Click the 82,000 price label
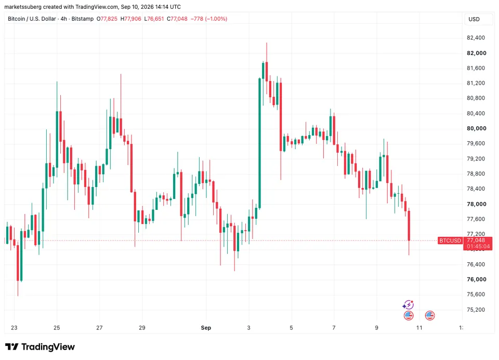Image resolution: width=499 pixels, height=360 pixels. tap(477, 53)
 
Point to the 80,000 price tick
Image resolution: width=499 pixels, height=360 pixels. tap(477, 128)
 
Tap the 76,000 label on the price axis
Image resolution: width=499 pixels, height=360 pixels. tap(477, 279)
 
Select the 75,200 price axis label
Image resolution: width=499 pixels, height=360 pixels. tap(476, 310)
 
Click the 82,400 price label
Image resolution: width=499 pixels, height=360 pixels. tap(476, 38)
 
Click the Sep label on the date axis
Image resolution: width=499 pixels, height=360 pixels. tap(206, 328)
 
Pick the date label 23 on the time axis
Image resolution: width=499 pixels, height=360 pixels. tap(14, 328)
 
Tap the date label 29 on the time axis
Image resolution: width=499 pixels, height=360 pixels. tap(142, 328)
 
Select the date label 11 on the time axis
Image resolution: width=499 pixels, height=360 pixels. tap(419, 328)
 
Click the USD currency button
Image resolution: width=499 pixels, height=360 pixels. tap(474, 19)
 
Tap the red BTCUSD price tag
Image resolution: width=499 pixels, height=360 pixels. tap(450, 241)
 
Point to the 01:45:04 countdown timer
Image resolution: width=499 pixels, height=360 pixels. tap(478, 246)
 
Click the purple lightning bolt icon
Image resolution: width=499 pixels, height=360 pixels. tap(408, 305)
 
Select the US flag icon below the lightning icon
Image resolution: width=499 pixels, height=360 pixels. tap(409, 315)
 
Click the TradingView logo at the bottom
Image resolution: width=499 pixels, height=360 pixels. tap(40, 346)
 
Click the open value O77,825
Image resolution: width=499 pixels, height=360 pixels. tap(107, 19)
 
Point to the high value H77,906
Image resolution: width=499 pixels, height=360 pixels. tap(131, 19)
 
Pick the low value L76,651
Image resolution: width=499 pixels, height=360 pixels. tap(154, 19)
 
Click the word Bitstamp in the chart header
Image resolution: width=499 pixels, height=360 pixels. tap(83, 19)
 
